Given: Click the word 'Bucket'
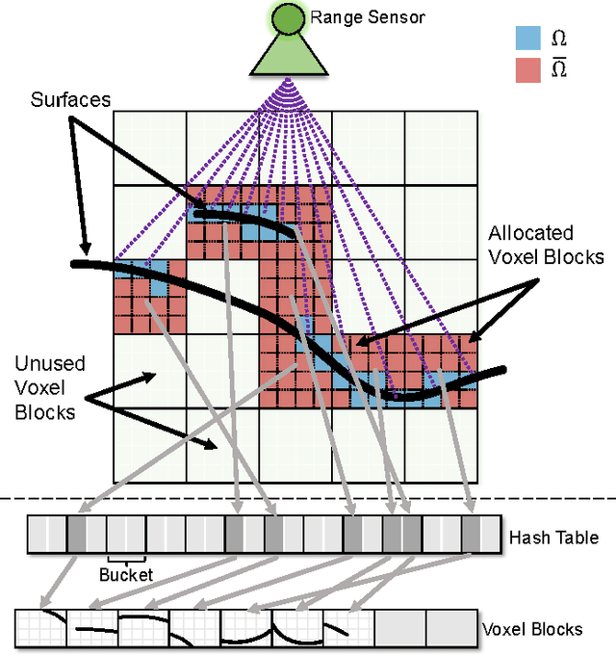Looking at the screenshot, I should point(125,575).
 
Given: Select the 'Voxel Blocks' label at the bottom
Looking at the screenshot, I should point(531,629).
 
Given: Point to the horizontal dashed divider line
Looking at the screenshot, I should point(308,498).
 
